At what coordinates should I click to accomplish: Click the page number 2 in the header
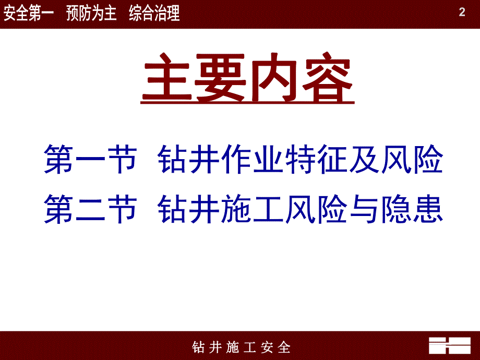click(462, 13)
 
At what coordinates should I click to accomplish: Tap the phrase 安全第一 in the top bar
click(29, 14)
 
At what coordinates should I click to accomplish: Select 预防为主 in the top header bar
click(91, 14)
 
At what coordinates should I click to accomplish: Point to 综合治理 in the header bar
click(154, 14)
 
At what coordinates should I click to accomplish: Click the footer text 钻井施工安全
click(241, 347)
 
